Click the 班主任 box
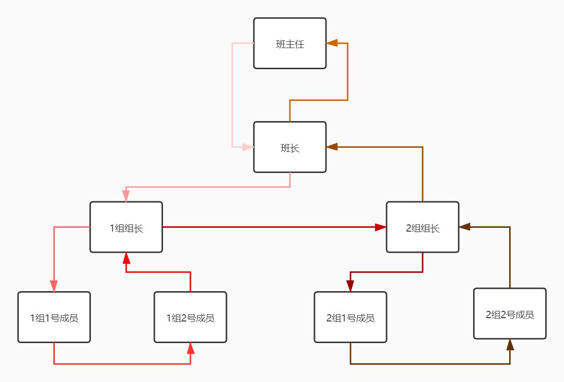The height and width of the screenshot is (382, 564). pyautogui.click(x=290, y=43)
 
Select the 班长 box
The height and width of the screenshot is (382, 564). pyautogui.click(x=290, y=147)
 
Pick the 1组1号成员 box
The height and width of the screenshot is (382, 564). pyautogui.click(x=54, y=317)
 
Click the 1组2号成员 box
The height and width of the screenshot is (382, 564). pyautogui.click(x=190, y=317)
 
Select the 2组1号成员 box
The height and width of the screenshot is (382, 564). pyautogui.click(x=351, y=317)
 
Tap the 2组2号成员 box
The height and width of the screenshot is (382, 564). pyautogui.click(x=510, y=313)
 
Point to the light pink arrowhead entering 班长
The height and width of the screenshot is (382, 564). pyautogui.click(x=248, y=147)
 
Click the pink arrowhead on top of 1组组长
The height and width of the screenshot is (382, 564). pyautogui.click(x=126, y=196)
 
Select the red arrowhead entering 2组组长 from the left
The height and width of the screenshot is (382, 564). pyautogui.click(x=380, y=227)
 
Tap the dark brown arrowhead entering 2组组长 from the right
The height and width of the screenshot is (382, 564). pyautogui.click(x=465, y=227)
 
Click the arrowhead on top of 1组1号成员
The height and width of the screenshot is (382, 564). pyautogui.click(x=54, y=286)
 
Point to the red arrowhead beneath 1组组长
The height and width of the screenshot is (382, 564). pyautogui.click(x=126, y=258)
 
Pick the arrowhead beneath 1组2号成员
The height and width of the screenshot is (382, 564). pyautogui.click(x=190, y=348)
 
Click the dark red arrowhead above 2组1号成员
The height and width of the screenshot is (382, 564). pyautogui.click(x=351, y=286)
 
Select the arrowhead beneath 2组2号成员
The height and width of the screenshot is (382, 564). pyautogui.click(x=510, y=345)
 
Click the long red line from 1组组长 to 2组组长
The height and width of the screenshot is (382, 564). pyautogui.click(x=269, y=227)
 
